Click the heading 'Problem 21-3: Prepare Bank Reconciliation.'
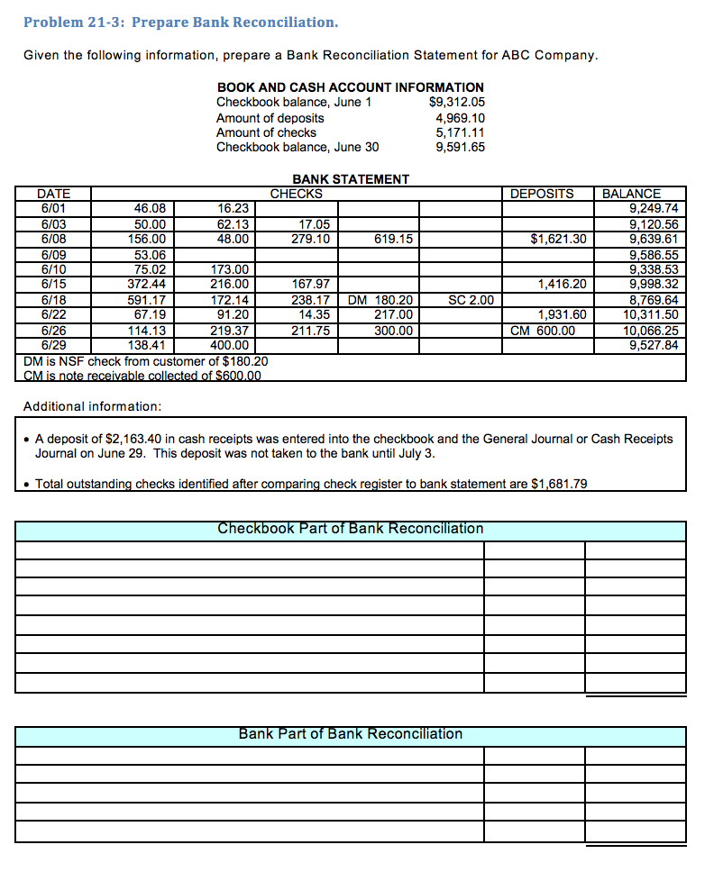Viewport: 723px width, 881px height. point(180,22)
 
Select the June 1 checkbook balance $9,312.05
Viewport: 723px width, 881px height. point(458,102)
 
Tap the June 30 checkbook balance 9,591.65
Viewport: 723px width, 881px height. point(460,148)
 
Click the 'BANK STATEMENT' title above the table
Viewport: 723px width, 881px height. point(351,179)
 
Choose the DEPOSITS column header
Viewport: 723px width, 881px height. point(542,194)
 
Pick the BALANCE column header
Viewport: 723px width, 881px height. point(631,194)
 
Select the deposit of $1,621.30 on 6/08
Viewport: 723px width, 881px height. point(558,239)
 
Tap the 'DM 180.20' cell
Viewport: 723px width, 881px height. point(380,300)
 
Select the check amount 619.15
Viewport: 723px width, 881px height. point(393,239)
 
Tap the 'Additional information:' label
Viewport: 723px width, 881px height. point(92,406)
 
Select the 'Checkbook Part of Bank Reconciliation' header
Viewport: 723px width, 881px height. point(351,529)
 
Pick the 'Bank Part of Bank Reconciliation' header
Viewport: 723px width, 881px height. point(351,734)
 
